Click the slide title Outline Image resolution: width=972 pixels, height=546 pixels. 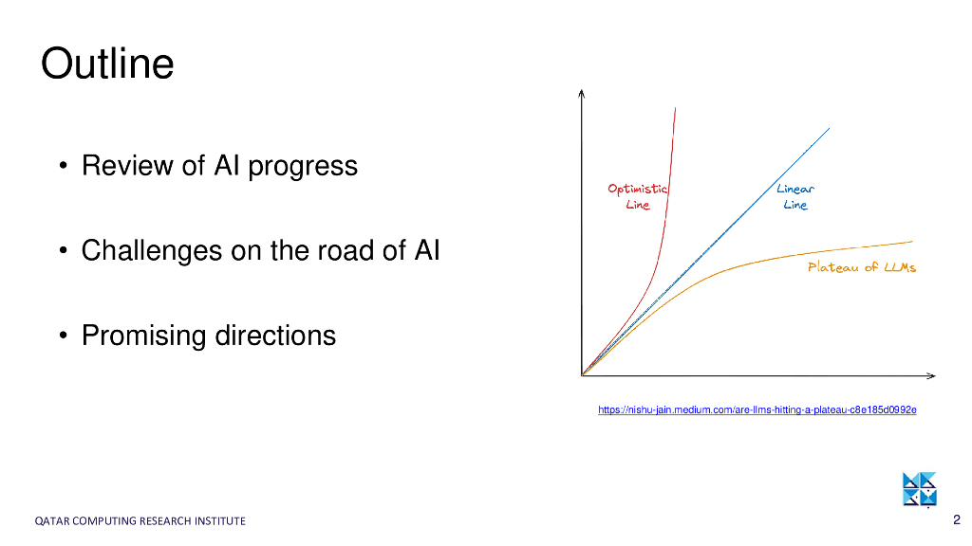pyautogui.click(x=107, y=64)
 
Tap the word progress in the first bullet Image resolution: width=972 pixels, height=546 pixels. pyautogui.click(x=303, y=167)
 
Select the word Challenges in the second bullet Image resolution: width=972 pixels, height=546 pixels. pyautogui.click(x=152, y=251)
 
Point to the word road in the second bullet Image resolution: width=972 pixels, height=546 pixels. pyautogui.click(x=346, y=250)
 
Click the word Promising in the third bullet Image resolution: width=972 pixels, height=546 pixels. pyautogui.click(x=144, y=337)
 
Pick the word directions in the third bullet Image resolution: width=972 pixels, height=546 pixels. pyautogui.click(x=275, y=335)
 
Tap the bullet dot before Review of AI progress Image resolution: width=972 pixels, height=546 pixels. pyautogui.click(x=63, y=166)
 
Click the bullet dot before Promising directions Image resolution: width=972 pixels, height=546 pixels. pyautogui.click(x=63, y=336)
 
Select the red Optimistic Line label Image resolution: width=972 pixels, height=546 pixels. pyautogui.click(x=637, y=196)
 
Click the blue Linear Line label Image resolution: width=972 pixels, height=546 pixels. pyautogui.click(x=795, y=196)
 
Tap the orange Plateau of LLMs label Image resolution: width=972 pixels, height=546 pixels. pyautogui.click(x=862, y=266)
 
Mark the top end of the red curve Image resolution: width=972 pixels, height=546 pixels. pyautogui.click(x=675, y=108)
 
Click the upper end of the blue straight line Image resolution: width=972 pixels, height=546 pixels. pyautogui.click(x=830, y=129)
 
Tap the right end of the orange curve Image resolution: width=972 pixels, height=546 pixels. pyautogui.click(x=912, y=242)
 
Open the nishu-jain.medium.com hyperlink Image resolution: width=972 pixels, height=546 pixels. pyautogui.click(x=757, y=409)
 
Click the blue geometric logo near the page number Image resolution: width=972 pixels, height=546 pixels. pyautogui.click(x=919, y=489)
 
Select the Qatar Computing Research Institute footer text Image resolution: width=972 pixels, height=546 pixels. pyautogui.click(x=140, y=521)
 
